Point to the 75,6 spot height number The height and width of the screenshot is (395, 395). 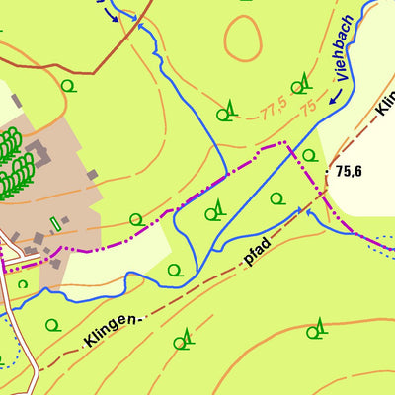(x=349, y=171)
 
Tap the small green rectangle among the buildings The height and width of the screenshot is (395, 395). (x=55, y=222)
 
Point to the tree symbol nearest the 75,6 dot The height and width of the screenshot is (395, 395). (x=309, y=155)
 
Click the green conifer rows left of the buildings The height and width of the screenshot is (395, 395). (x=11, y=163)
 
